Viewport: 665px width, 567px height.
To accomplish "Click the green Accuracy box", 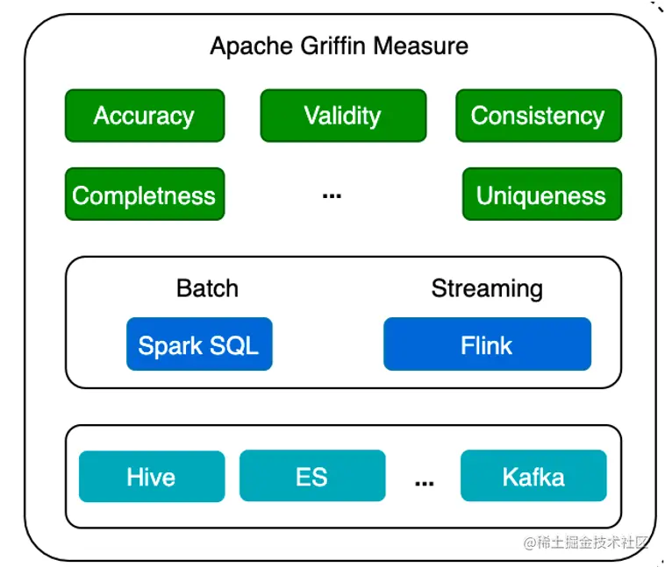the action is (145, 116).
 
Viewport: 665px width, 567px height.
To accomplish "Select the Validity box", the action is (343, 116).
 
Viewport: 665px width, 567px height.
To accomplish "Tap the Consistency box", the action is (539, 116).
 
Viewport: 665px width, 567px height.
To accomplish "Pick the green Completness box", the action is (145, 194).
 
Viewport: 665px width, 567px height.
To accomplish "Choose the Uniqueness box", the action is (542, 194).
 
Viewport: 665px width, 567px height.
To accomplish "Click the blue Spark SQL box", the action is (199, 344).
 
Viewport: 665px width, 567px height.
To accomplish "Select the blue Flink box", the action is (487, 344).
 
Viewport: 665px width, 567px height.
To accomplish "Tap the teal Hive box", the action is (152, 477).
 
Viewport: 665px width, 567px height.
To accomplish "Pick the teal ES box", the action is (312, 476).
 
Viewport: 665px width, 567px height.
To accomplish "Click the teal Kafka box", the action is (533, 476).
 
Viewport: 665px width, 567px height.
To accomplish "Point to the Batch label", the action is (207, 288).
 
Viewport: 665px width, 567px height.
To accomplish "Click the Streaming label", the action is (487, 289).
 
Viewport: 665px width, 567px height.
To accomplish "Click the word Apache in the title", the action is (252, 46).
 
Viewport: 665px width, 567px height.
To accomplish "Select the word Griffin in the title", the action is (332, 46).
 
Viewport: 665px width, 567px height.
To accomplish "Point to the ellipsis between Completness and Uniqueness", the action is (332, 195).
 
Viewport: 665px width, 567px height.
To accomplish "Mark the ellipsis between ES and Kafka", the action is (424, 483).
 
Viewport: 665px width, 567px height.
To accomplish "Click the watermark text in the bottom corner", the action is (587, 542).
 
